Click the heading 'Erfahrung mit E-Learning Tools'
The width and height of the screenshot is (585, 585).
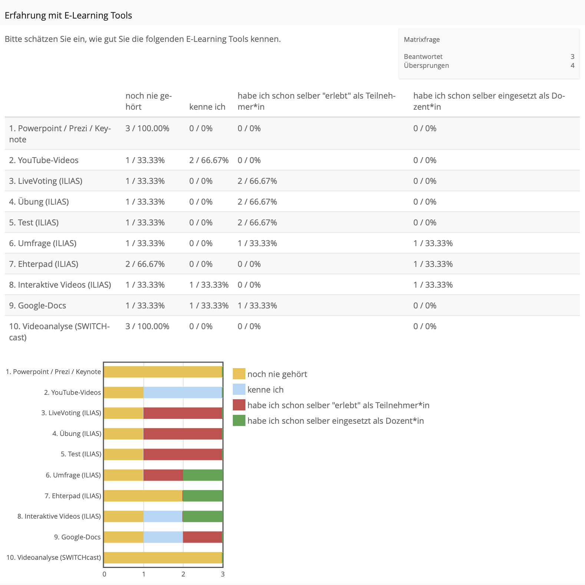point(68,16)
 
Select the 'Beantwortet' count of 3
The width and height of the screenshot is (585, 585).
point(572,57)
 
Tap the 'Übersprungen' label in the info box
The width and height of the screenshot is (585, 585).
point(426,66)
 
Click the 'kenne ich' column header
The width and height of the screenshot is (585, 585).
point(207,107)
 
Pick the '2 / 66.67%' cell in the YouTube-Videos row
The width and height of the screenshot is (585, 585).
point(209,161)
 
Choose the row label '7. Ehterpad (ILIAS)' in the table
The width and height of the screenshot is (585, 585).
point(44,264)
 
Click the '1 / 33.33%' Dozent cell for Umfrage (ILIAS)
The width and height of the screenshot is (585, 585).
point(433,244)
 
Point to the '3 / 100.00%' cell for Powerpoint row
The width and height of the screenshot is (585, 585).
point(147,129)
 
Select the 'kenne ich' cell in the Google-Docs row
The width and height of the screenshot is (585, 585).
point(209,306)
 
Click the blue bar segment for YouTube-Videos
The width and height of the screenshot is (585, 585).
point(182,393)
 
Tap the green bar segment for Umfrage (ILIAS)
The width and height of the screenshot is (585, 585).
point(203,475)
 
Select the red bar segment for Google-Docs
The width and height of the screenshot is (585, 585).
point(202,537)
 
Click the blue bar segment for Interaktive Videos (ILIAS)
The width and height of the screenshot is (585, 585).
point(163,516)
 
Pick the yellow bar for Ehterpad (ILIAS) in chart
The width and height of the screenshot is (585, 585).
point(143,496)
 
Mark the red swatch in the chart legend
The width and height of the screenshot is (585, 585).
point(239,405)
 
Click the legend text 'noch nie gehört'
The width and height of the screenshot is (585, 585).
point(277,374)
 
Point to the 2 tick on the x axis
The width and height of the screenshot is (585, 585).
point(183,574)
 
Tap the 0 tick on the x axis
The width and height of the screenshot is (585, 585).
point(105,574)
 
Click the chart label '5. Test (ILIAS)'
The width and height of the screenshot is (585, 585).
point(81,455)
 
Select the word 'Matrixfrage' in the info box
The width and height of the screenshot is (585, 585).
point(422,40)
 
